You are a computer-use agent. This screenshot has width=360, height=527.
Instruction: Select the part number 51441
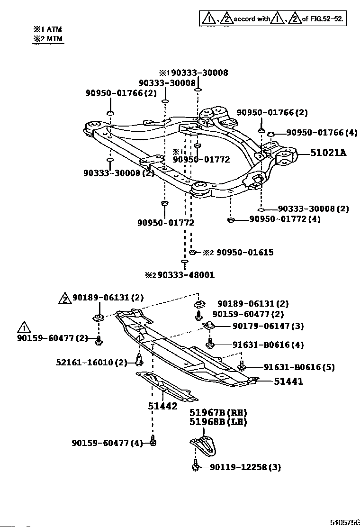pos(288,381)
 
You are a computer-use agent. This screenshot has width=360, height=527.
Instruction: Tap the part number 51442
pos(162,406)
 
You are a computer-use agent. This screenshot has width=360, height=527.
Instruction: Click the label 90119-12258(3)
pos(245,467)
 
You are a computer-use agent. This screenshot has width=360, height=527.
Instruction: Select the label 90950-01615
pos(245,253)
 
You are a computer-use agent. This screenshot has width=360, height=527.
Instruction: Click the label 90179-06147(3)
pos(268,326)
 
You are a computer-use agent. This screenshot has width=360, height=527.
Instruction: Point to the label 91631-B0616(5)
pos(292,367)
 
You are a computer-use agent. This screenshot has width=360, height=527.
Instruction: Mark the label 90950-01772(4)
pos(285,219)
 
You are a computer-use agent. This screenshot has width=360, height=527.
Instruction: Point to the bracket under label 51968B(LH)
pos(204,445)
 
